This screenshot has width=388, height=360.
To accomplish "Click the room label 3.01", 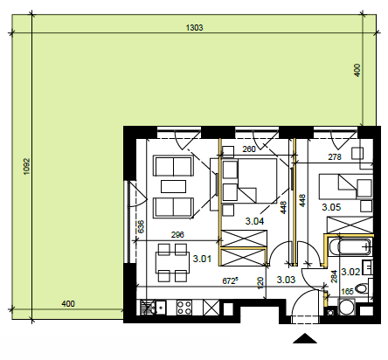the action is pos(202,259).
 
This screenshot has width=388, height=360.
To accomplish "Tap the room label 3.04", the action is pos(254,221).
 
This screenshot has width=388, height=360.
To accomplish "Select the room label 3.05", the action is pos(331,207).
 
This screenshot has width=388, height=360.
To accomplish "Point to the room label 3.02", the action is pos(350,272).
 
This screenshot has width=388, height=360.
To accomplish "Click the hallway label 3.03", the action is pos(286,280).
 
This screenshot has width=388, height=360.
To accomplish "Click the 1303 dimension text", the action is pos(194,28).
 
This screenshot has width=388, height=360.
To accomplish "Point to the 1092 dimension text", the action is pos(27,166).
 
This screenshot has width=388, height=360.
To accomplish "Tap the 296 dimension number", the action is pos(177,235).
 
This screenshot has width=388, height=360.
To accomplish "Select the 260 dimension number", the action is pos(249,149).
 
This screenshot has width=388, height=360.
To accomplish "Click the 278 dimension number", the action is pos(335,157).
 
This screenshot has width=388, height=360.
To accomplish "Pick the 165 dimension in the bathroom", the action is pos(347,291).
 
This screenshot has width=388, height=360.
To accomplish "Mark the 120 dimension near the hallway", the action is pos(260,283).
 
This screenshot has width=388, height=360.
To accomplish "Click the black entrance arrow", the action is pos(305,338).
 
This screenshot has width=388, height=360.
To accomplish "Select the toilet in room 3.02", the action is pos(363,288).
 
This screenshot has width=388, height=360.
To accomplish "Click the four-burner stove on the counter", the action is pos(184,308).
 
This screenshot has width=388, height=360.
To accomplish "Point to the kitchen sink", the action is pos(153,308).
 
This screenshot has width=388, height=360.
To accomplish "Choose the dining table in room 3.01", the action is pos(172,263).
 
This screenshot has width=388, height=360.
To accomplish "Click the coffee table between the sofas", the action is pos(173,186).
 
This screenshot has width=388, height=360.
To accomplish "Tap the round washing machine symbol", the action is pos(347,308).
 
